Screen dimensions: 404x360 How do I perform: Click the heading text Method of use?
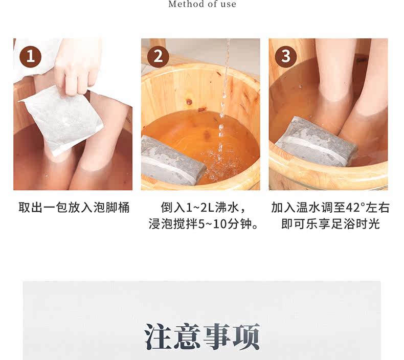pyautogui.click(x=203, y=4)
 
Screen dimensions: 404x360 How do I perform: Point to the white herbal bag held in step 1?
pyautogui.click(x=62, y=120)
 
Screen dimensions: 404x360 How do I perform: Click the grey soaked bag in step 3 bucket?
pyautogui.click(x=317, y=143)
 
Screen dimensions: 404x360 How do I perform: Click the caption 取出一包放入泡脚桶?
pyautogui.click(x=74, y=208)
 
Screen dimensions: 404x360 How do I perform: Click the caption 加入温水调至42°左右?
pyautogui.click(x=330, y=208)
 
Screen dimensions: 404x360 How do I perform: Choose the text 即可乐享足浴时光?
pyautogui.click(x=330, y=224)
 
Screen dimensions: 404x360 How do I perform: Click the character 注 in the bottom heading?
pyautogui.click(x=158, y=337)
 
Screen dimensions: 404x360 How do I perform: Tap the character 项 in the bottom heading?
pyautogui.click(x=246, y=337)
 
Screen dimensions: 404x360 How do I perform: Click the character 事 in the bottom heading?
pyautogui.click(x=217, y=337)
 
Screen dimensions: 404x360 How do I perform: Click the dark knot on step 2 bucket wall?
pyautogui.click(x=189, y=102)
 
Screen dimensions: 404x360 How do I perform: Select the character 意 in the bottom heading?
pyautogui.click(x=187, y=337)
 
